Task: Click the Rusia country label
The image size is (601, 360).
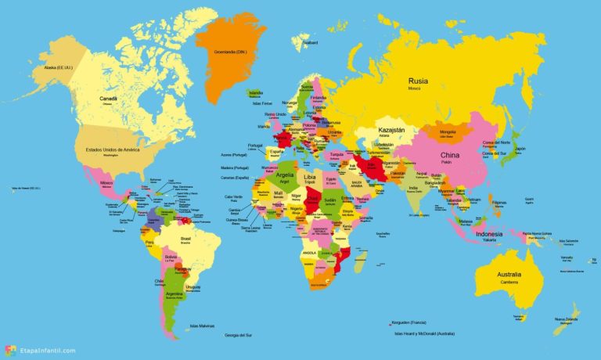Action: coord(419,81)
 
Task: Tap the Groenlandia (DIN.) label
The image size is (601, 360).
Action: coord(232,53)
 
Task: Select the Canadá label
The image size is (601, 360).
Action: coord(108,99)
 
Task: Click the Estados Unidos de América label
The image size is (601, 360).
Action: coord(108,149)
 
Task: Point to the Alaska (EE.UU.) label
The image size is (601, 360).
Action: coord(57,68)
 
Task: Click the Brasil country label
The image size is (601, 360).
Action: coord(186,238)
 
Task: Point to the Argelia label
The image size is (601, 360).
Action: coord(285,175)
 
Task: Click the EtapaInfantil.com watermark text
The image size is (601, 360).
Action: coord(49,350)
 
